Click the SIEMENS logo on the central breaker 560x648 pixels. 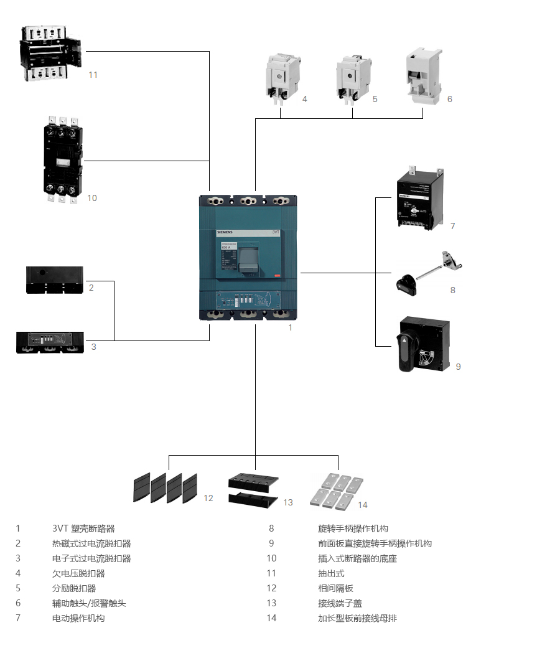[225, 232]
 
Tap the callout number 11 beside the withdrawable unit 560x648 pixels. [93, 75]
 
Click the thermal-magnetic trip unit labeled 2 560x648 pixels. [55, 280]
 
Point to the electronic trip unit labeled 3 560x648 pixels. [50, 342]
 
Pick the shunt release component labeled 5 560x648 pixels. [353, 78]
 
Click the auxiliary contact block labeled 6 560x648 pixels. [423, 75]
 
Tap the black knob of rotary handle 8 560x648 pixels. [407, 283]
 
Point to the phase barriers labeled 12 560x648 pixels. [166, 488]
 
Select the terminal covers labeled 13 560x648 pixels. [254, 489]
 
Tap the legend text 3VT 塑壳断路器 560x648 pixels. [83, 528]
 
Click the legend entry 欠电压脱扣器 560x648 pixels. [78, 573]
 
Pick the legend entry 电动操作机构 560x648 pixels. [78, 618]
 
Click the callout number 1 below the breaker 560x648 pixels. [290, 327]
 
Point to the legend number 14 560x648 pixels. [271, 618]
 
